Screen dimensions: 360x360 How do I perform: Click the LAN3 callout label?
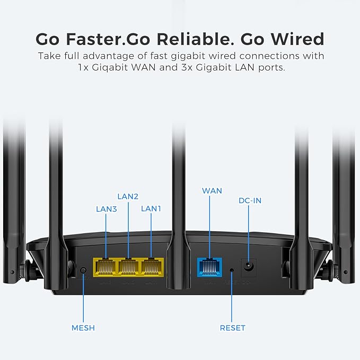pos(107,209)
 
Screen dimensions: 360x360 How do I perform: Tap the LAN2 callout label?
pos(128,196)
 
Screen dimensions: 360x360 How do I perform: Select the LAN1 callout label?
pos(151,209)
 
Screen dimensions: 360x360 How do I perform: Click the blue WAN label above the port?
pos(212,190)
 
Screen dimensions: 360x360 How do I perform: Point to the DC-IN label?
pos(250,200)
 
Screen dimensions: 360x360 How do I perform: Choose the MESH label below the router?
pos(83,328)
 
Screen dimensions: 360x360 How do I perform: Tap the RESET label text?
pos(233,328)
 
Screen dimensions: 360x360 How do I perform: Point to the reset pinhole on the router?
pos(232,270)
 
